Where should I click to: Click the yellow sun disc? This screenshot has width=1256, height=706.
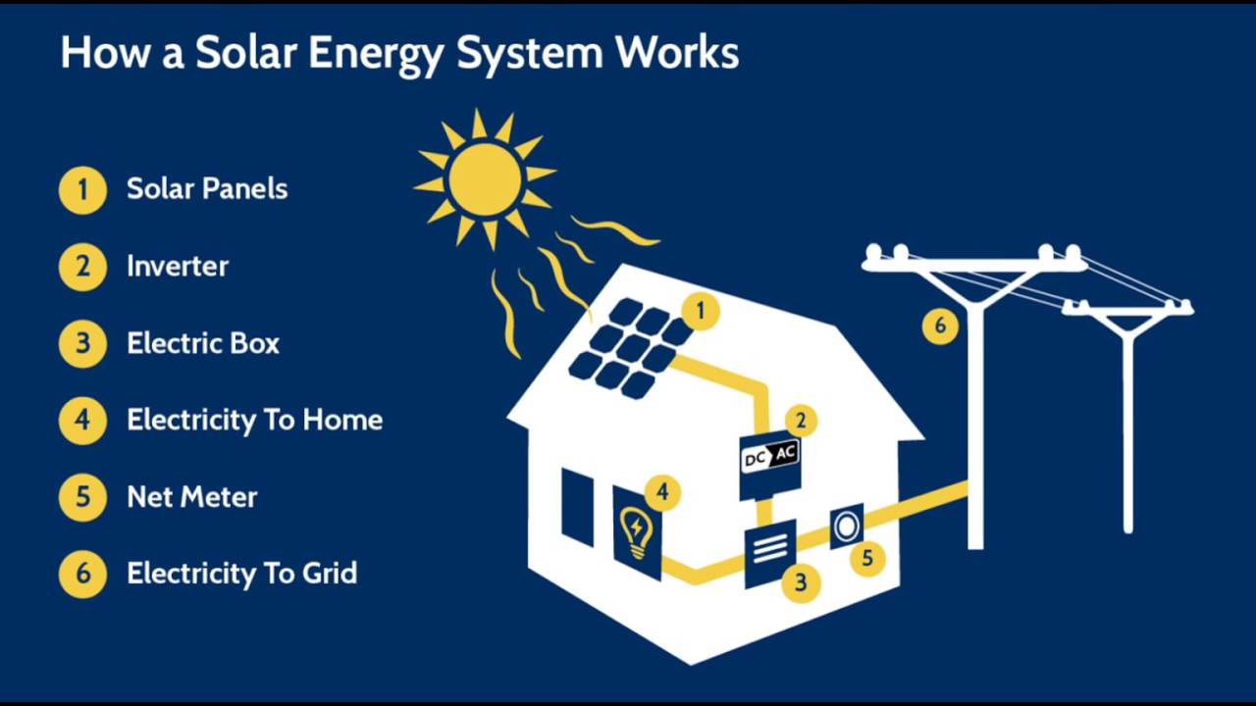485,179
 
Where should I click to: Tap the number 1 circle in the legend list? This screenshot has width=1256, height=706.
82,189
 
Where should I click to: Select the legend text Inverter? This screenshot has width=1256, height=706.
178,266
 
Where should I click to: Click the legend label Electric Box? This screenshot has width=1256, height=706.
203,343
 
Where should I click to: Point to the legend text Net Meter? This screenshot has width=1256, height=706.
192,497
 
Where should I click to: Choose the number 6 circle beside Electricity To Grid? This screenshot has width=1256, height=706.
82,574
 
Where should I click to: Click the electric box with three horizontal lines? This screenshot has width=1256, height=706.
769,555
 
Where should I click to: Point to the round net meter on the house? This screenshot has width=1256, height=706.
846,528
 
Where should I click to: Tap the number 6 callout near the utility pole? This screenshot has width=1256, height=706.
940,326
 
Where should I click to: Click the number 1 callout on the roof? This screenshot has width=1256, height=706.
701,312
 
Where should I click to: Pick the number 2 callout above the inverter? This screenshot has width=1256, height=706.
801,421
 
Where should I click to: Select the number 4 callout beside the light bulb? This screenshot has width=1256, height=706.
663,492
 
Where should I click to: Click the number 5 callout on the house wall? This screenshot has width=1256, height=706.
867,559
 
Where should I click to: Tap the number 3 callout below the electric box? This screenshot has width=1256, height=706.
801,583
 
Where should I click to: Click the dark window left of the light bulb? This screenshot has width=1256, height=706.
578,506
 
